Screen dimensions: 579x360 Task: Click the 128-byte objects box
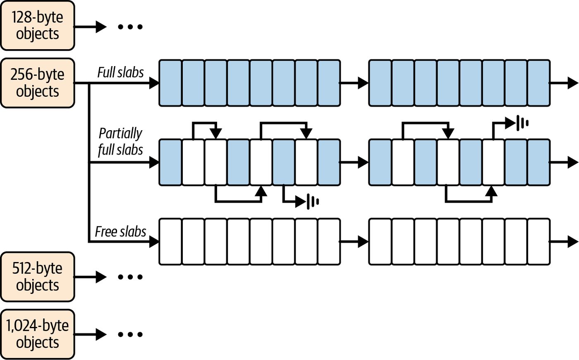point(38,26)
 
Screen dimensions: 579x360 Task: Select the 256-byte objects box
point(38,83)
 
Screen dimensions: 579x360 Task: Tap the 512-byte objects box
point(38,277)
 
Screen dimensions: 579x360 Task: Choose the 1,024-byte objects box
point(38,334)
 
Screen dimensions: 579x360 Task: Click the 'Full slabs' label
point(120,72)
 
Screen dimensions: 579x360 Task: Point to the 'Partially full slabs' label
point(120,142)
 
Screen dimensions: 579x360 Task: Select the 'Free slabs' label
point(120,231)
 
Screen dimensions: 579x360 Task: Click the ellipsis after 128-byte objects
point(130,26)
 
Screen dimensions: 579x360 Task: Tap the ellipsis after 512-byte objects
point(130,277)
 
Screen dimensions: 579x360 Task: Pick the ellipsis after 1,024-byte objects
point(130,334)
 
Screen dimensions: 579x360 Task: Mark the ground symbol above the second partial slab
point(522,123)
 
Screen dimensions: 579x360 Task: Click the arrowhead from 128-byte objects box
point(101,26)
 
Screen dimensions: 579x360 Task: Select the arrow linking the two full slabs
point(354,83)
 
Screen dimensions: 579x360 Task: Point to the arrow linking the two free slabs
point(354,241)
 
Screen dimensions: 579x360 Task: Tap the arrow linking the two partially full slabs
point(354,162)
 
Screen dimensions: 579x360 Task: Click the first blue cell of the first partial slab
point(170,162)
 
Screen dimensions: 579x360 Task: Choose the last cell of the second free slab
point(538,241)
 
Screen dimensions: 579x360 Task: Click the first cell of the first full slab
point(170,83)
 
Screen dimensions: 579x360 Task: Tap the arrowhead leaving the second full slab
point(573,83)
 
